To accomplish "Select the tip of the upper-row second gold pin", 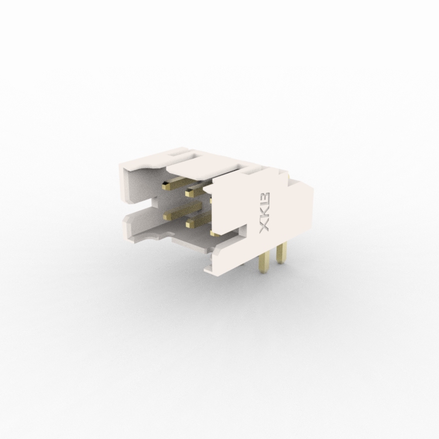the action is (x=188, y=193).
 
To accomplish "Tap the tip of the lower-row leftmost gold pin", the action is (x=167, y=215).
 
